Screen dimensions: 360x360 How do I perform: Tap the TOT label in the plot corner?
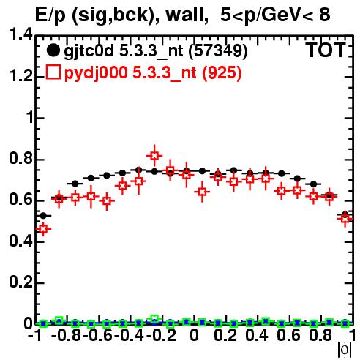coord(326,50)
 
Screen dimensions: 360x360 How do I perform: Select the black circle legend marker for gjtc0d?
coord(53,50)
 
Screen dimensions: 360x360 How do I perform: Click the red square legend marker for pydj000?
coord(53,72)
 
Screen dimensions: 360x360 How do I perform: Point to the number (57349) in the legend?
coord(218,51)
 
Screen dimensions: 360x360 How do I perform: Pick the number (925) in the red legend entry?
coord(222,72)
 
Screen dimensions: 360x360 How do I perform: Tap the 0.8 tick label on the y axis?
coord(21,158)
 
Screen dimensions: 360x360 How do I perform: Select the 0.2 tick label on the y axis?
coord(21,282)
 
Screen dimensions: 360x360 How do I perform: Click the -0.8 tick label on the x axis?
coord(67,335)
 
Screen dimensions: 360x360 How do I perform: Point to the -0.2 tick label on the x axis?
coord(161,335)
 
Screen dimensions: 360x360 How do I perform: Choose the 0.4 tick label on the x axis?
coord(257,335)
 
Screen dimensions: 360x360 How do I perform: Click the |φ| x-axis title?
coord(345,350)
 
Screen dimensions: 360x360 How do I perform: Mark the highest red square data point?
coord(154,155)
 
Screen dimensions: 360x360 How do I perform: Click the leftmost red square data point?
coord(43,229)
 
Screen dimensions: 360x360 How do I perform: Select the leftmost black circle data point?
coord(43,216)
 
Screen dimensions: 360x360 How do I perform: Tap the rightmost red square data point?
coord(345,218)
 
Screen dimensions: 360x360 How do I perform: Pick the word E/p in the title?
coord(50,15)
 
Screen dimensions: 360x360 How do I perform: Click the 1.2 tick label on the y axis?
coord(21,75)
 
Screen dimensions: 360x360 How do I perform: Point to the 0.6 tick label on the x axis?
coord(288,335)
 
